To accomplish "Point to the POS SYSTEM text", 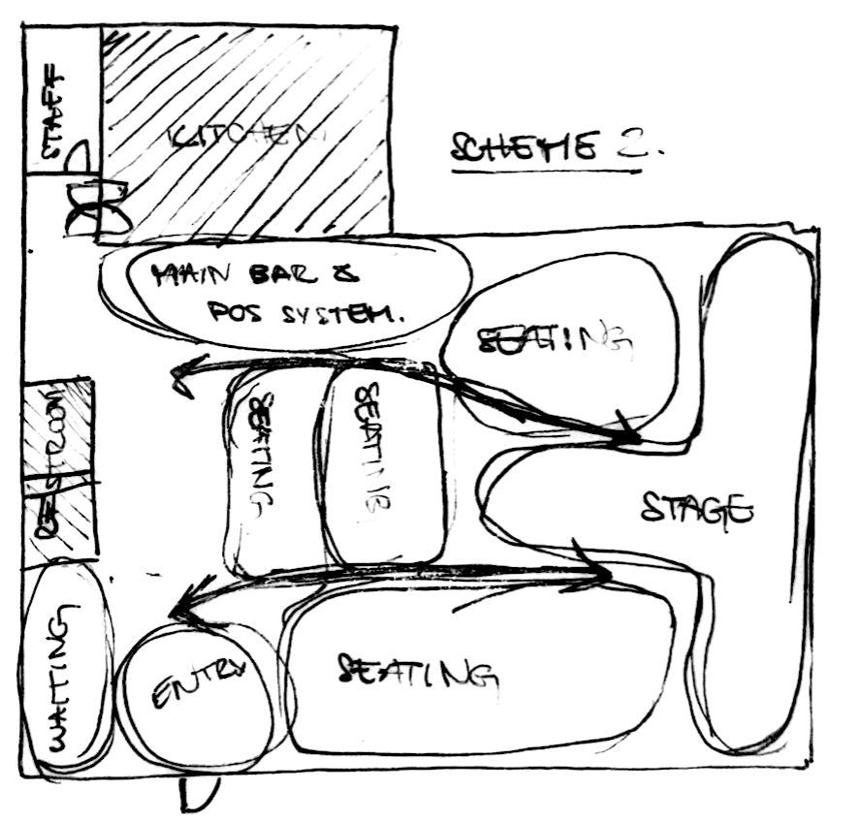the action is [306, 313].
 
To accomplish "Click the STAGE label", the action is [697, 508].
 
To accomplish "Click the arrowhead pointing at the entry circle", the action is [180, 610].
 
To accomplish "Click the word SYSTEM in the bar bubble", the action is [348, 314].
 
